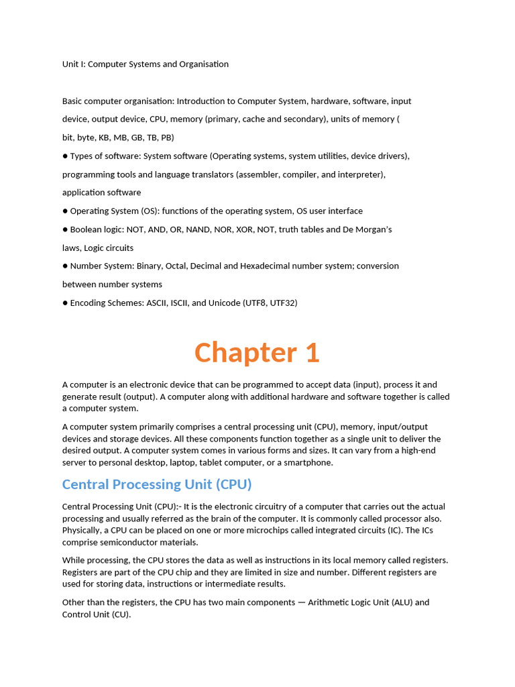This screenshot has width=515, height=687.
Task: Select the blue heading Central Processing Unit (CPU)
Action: point(156,484)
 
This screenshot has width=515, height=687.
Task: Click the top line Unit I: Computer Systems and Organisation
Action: point(146,64)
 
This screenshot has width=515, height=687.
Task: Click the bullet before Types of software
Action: point(65,156)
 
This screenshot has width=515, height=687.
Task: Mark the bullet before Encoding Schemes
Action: point(65,303)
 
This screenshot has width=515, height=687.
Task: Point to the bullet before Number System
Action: point(65,266)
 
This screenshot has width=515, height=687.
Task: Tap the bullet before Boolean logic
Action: point(65,229)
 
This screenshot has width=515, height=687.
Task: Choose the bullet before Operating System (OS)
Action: point(65,211)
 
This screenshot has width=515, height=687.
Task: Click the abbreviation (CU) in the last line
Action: point(119,615)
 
